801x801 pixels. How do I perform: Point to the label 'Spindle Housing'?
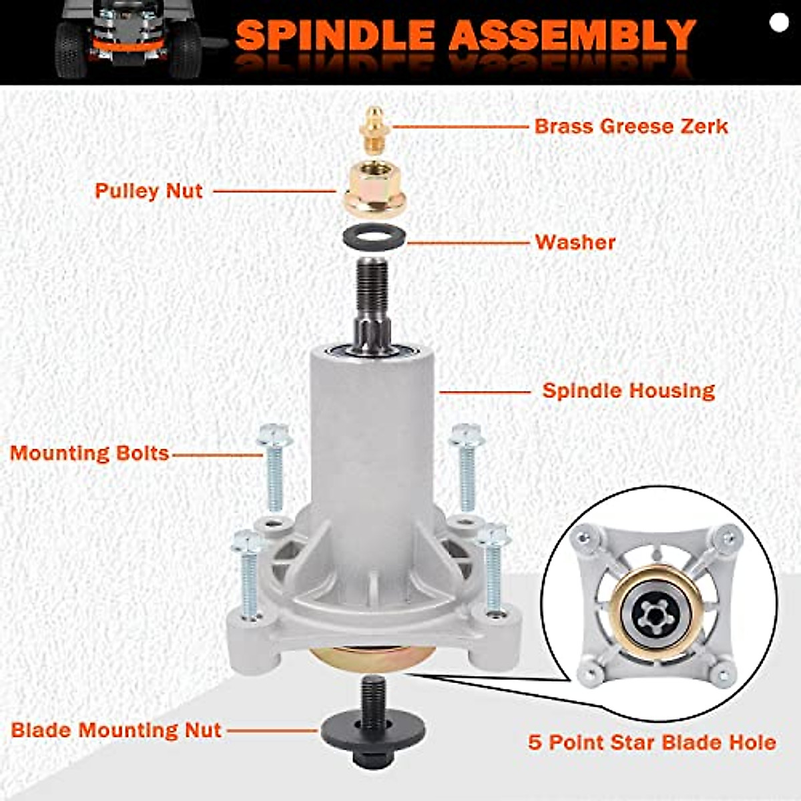coord(628,390)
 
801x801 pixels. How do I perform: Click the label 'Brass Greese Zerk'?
coord(631,125)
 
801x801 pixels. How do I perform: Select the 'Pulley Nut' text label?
coord(148,191)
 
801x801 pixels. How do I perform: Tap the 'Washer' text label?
coord(575,242)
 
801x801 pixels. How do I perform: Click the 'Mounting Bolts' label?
coord(89,453)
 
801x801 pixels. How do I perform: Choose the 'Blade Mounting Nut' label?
coord(116,730)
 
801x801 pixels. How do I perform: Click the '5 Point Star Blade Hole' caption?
coord(651,742)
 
